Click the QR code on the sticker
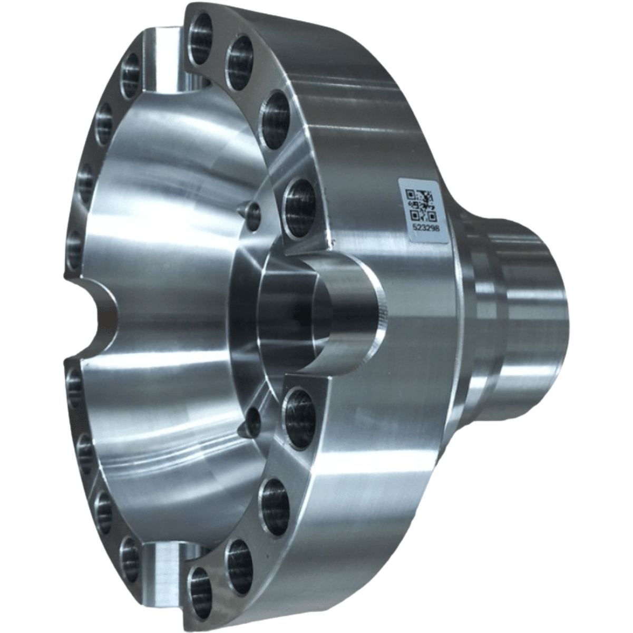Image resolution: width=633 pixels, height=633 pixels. point(421,204)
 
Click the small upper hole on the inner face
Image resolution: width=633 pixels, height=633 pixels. point(252,211)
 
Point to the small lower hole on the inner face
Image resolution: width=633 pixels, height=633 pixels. point(252,421)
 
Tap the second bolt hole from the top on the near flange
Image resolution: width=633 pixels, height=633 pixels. point(240,55)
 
